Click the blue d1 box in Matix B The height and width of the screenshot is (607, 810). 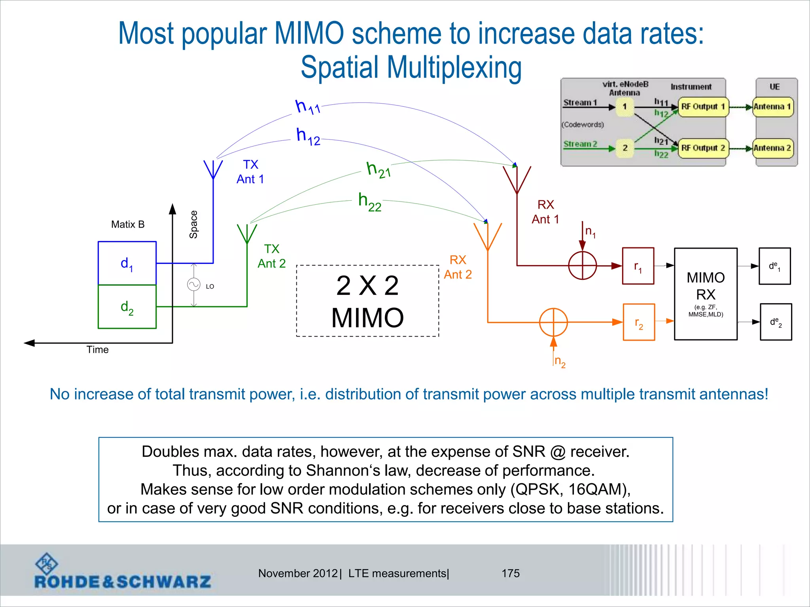(127, 263)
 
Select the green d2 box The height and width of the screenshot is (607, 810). (127, 307)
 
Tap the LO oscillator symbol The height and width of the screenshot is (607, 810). (194, 285)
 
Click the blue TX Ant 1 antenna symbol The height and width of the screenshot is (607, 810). (213, 169)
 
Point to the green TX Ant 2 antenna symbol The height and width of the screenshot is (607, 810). (247, 234)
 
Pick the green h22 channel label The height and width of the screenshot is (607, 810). (369, 202)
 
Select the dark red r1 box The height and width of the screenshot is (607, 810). (638, 266)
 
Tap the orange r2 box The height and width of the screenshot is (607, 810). (639, 322)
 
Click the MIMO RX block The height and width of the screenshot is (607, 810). (706, 294)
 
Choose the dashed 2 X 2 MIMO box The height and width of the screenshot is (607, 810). (367, 301)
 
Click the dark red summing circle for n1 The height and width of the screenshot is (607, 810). (582, 266)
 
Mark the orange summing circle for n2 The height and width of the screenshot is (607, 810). (553, 322)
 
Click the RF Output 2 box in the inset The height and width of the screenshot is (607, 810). (703, 148)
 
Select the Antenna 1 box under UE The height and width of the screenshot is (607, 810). (772, 107)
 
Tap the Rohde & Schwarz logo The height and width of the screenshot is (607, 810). (123, 572)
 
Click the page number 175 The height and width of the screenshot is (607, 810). (511, 573)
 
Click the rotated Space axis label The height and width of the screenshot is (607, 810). (193, 224)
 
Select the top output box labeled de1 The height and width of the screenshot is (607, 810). (774, 266)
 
